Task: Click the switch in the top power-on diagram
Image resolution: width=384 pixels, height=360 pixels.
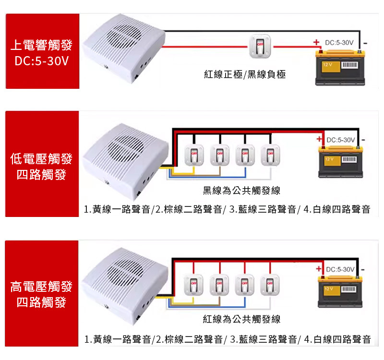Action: coord(260,47)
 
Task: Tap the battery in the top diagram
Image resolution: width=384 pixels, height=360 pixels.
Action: coord(340,68)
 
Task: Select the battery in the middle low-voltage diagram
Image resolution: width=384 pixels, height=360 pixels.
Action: coord(340,162)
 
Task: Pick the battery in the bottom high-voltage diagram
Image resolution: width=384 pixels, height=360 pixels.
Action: coord(340,291)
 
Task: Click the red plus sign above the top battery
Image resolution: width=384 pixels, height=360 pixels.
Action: coord(316,42)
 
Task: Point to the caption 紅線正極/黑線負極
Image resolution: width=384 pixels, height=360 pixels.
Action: coord(245,74)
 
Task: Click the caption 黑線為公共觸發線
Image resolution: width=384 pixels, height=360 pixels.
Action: coord(241,190)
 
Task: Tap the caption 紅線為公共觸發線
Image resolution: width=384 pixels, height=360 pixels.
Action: coord(241,319)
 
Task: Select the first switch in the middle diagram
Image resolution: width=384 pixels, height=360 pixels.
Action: coord(194,155)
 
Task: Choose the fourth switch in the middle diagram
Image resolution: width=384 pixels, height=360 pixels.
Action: coord(270,155)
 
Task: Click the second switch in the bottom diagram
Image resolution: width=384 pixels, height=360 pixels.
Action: coord(219,285)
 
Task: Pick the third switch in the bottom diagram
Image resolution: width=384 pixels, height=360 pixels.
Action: coord(244,285)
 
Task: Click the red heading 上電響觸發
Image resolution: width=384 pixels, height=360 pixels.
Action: coord(41,45)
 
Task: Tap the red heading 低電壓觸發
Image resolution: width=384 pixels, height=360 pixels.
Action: coord(41,159)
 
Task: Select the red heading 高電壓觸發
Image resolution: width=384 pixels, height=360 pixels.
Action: coord(41,287)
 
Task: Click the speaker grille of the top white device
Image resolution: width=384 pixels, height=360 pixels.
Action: coord(124,37)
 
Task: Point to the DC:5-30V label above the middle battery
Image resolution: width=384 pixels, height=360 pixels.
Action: coord(341,140)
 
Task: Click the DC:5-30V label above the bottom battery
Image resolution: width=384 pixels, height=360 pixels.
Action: coord(340,269)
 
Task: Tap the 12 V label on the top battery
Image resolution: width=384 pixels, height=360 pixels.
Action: coord(327,65)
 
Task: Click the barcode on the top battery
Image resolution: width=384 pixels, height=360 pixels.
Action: coord(350,65)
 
